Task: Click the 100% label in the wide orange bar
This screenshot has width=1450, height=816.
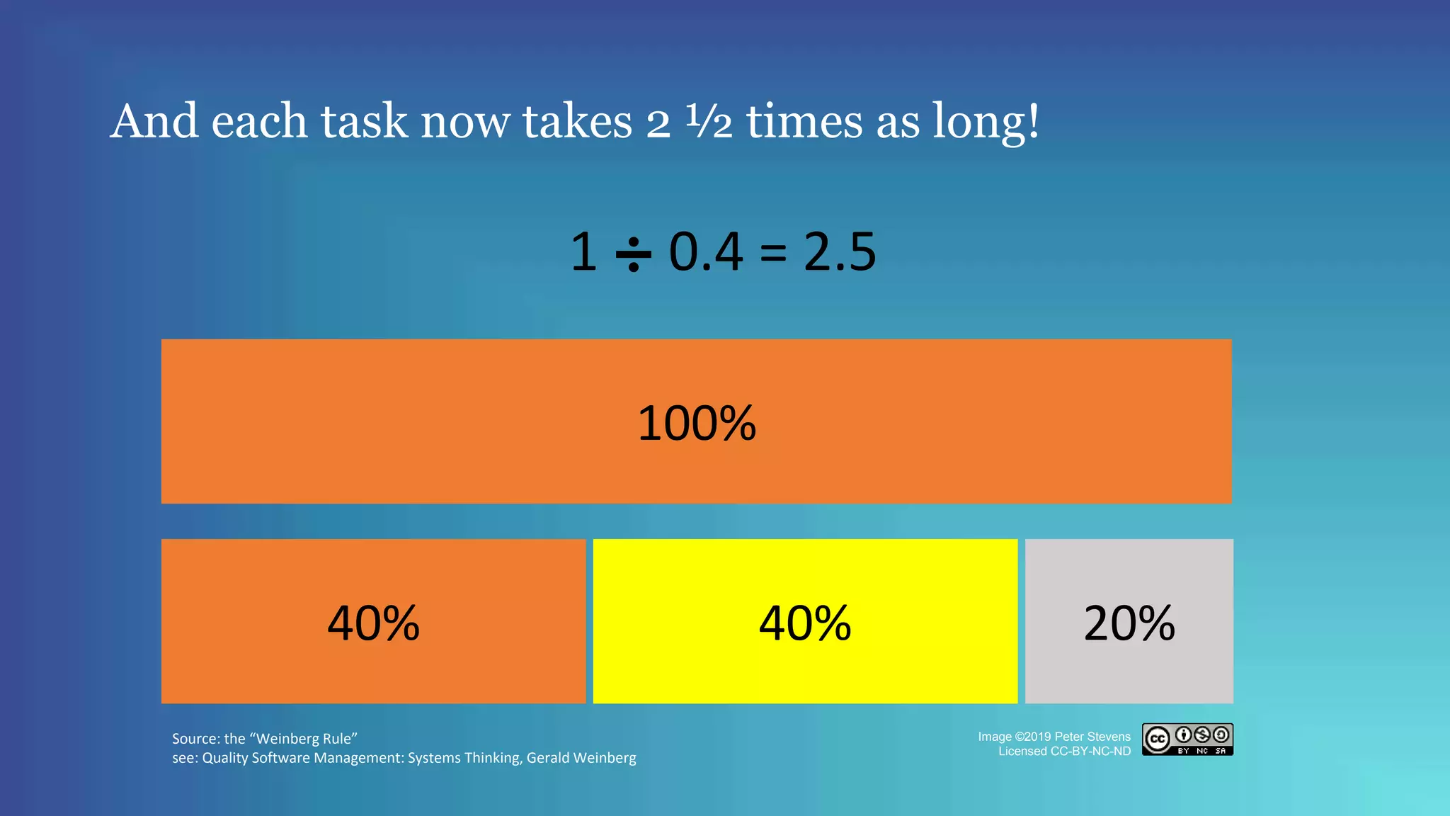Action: [x=697, y=424]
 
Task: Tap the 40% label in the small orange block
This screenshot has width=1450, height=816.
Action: [x=373, y=623]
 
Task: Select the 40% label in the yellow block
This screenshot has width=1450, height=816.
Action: [x=805, y=623]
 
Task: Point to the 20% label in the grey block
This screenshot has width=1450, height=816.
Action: [x=1129, y=623]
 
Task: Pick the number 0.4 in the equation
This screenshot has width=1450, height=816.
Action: [x=706, y=252]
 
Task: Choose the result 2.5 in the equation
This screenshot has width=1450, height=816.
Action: [x=840, y=252]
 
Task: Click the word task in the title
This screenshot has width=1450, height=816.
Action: [x=364, y=122]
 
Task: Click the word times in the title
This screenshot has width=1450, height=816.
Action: [x=804, y=122]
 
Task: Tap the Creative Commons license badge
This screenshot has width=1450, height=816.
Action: [x=1187, y=739]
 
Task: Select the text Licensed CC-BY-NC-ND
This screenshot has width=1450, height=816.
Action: [x=1064, y=752]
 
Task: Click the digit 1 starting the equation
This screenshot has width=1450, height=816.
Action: [x=584, y=252]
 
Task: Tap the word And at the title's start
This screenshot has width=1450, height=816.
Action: [x=154, y=122]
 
